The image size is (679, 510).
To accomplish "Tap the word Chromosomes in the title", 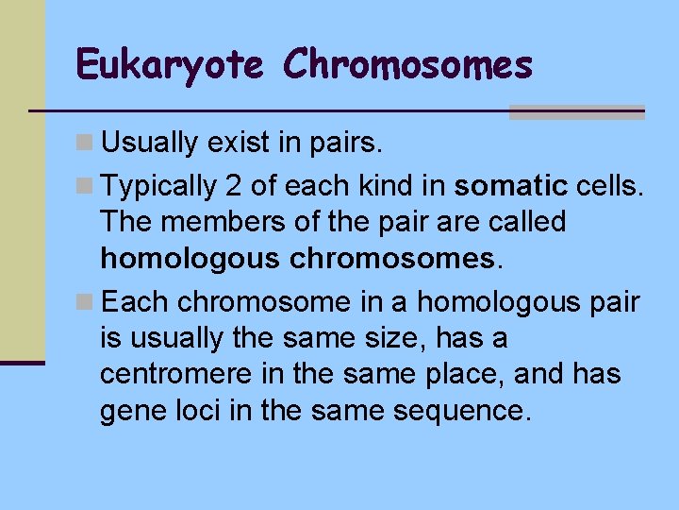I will (407, 64).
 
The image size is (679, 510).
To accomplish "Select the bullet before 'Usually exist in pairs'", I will (85, 144).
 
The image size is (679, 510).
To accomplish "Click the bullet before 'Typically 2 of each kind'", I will (85, 186).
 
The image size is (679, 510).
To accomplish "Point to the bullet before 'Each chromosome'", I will (85, 303).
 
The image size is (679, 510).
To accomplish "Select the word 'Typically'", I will (159, 186).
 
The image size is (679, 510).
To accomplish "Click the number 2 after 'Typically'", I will (233, 185).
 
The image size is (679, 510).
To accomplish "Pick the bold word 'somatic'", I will (510, 185).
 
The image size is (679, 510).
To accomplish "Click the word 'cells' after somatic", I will (608, 185).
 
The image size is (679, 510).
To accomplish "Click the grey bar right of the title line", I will (576, 112).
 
